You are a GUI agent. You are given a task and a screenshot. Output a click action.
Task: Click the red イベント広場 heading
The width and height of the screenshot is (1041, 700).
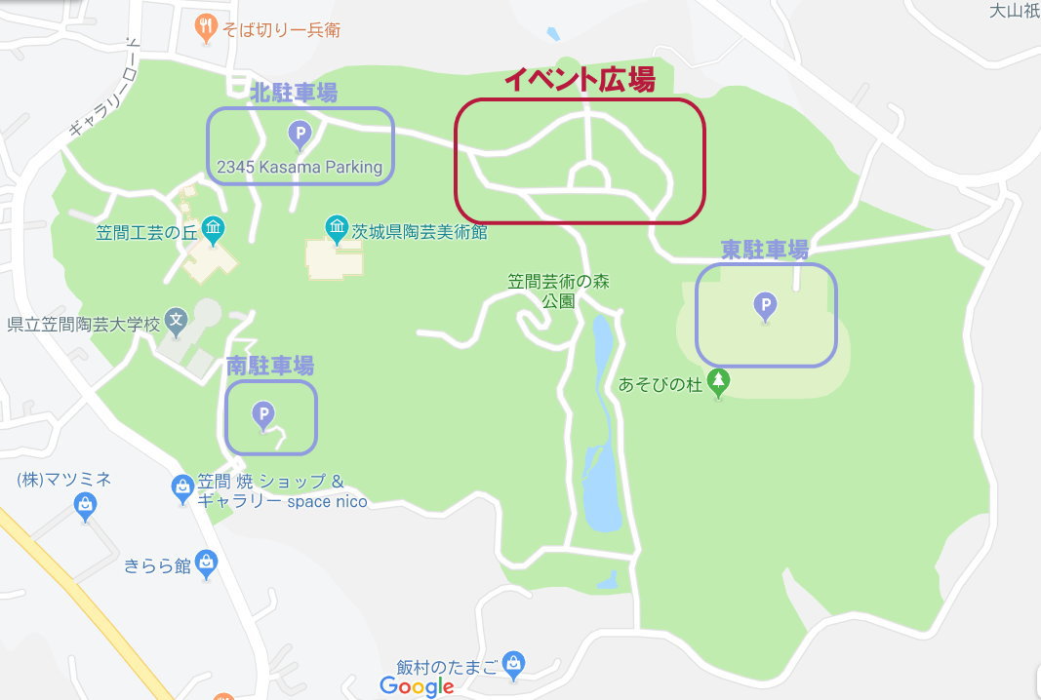(x=580, y=81)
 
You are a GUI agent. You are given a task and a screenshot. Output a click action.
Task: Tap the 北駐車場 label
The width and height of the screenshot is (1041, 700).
(x=294, y=94)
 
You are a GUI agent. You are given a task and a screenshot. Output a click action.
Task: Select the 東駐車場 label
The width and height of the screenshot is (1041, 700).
(x=765, y=250)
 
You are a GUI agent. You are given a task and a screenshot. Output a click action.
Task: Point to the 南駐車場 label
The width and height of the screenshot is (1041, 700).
(x=270, y=367)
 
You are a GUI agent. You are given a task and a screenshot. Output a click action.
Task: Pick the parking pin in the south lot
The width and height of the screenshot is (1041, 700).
(x=262, y=415)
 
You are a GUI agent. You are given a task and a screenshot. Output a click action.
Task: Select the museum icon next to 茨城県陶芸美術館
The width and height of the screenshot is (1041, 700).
(x=337, y=230)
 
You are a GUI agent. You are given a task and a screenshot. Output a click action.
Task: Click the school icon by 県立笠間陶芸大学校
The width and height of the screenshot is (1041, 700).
(x=176, y=319)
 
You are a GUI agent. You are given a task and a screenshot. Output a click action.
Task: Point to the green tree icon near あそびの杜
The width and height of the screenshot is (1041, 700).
(x=719, y=382)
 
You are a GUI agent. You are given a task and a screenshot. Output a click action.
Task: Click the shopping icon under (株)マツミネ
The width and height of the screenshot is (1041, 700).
(x=86, y=504)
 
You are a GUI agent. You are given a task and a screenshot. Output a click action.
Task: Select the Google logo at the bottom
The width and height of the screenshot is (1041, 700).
(x=418, y=686)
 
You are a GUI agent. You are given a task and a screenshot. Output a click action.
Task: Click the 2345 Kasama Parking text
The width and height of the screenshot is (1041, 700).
(x=300, y=167)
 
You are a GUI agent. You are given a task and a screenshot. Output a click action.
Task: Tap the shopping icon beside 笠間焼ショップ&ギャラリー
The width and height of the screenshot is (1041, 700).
(x=181, y=487)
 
